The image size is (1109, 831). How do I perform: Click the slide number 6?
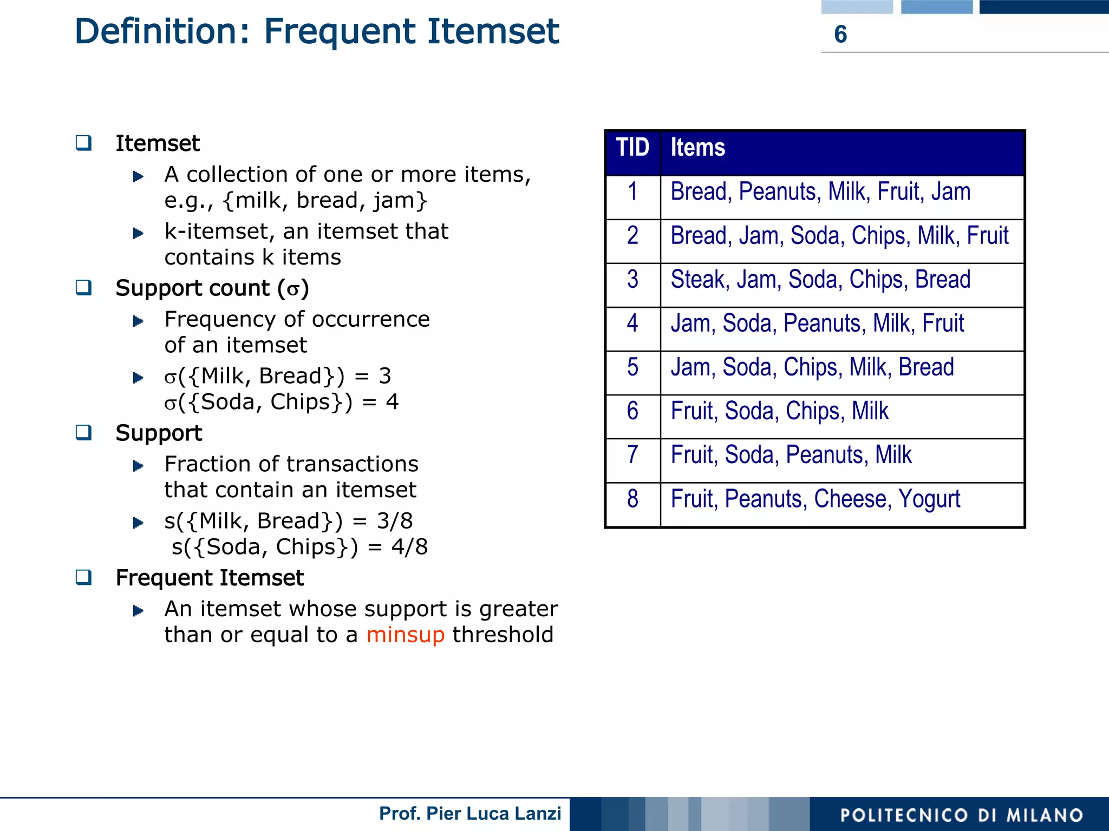(x=840, y=34)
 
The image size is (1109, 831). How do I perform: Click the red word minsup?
(x=405, y=635)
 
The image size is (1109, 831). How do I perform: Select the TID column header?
(x=632, y=147)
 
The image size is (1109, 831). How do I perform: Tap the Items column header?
(x=697, y=147)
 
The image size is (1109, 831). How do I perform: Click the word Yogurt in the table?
(x=929, y=499)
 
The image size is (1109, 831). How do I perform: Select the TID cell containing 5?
(x=632, y=367)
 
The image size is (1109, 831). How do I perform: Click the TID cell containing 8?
(x=632, y=499)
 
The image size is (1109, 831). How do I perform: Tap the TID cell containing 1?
(x=632, y=192)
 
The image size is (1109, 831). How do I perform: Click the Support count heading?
(x=212, y=288)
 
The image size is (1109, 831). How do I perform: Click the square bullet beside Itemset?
(x=83, y=143)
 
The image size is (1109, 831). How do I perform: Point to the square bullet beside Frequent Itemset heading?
(x=83, y=577)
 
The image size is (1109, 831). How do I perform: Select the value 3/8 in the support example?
(x=395, y=521)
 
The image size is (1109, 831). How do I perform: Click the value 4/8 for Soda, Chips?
(x=409, y=547)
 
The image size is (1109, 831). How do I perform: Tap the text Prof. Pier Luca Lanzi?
(x=469, y=814)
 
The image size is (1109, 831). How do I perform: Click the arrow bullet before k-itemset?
(x=138, y=233)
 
